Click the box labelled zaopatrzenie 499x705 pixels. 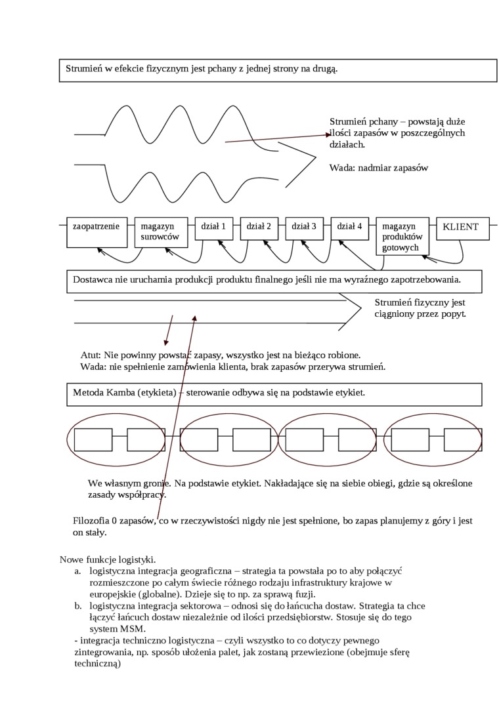[97, 232]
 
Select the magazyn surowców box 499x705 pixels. [161, 232]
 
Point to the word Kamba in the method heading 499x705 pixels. [123, 393]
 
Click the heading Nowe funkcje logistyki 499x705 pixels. [108, 559]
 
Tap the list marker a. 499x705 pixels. [78, 571]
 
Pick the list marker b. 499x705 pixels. [78, 607]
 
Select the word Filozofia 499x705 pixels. [91, 521]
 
